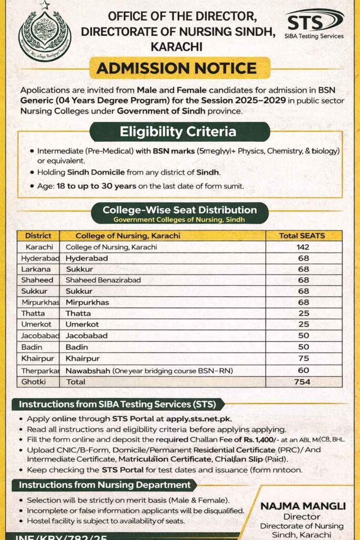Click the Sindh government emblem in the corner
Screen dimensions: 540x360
(x=44, y=34)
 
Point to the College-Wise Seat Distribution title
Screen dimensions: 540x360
(x=180, y=210)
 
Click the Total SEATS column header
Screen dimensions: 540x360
(x=303, y=236)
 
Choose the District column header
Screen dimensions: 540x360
(x=38, y=236)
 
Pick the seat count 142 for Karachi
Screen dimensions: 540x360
(x=303, y=247)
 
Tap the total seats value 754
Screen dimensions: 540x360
(x=303, y=382)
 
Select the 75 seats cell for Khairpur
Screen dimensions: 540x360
(x=303, y=359)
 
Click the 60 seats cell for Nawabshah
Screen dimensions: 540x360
(x=303, y=371)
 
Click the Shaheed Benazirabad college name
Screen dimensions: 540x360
(x=103, y=280)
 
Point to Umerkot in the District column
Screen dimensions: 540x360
(x=35, y=324)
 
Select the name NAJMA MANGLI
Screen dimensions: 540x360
(x=303, y=506)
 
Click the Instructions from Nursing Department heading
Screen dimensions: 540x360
(x=105, y=485)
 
